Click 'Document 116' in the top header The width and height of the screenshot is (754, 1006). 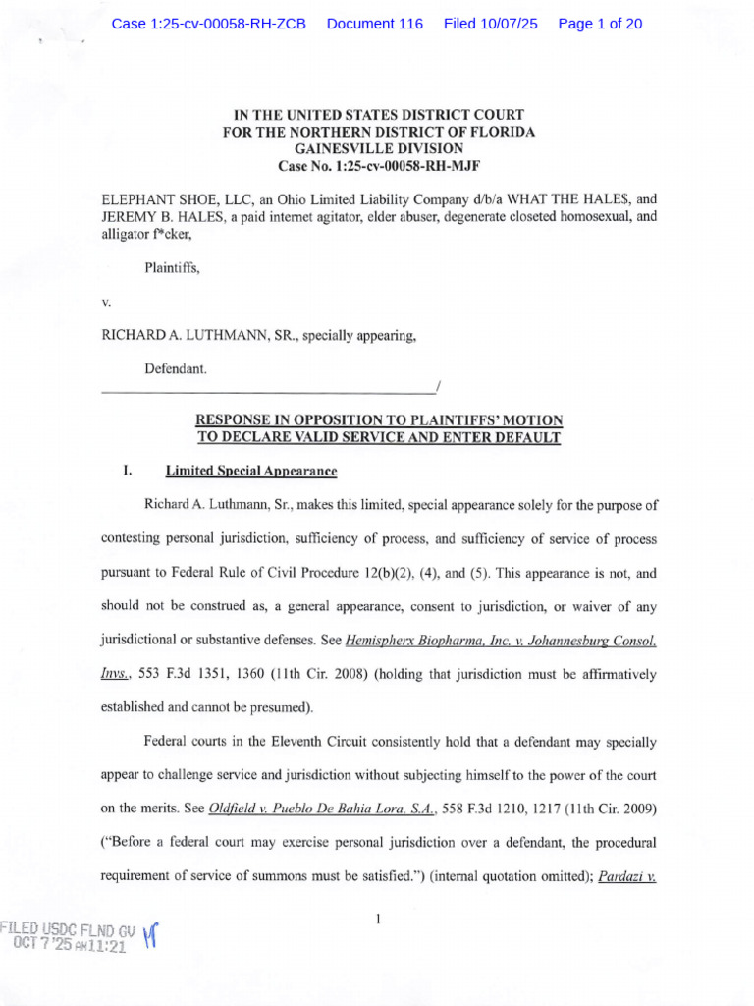(x=374, y=24)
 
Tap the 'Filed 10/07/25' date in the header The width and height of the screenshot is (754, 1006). (x=491, y=24)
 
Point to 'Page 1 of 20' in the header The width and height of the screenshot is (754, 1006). (x=600, y=24)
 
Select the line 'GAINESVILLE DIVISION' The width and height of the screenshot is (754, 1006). (x=378, y=147)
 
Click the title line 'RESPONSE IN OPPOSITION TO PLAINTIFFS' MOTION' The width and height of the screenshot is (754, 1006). (x=378, y=420)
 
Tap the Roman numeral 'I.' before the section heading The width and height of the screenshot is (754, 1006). (x=127, y=472)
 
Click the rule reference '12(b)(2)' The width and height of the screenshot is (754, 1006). (x=489, y=570)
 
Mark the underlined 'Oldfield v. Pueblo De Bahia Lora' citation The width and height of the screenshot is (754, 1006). (x=333, y=809)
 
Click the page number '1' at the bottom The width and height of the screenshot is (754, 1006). (x=378, y=919)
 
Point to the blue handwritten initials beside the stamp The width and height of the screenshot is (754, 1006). (x=150, y=935)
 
